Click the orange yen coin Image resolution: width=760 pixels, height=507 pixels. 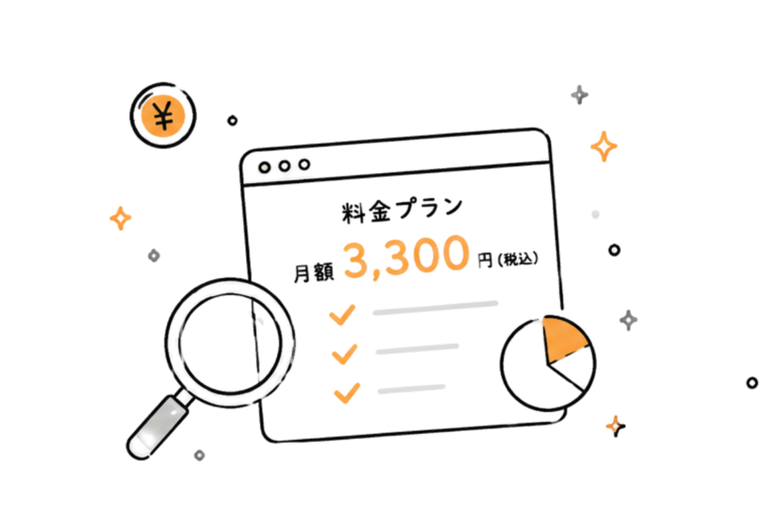coord(163,116)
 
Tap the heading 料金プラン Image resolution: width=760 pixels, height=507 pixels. coord(402,210)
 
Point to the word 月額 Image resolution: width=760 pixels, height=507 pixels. coord(314,273)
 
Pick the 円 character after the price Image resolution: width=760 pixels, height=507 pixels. coord(485,261)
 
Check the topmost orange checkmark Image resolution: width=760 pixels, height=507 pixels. coord(342,315)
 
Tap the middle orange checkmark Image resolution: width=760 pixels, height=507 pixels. coord(345,354)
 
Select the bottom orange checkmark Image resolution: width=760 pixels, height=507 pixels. coord(347,393)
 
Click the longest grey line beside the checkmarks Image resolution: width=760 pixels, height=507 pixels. coord(435,308)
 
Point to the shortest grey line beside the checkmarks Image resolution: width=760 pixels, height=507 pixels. coord(412,388)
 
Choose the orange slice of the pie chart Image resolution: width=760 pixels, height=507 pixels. coord(565,340)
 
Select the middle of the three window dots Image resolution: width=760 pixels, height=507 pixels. coord(284,166)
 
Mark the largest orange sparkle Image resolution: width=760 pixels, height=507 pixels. coord(604,146)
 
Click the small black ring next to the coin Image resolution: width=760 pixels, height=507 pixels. coord(233,120)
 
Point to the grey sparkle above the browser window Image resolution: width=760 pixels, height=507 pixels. coord(580,94)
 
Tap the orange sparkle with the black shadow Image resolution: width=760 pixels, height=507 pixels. coord(615,426)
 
